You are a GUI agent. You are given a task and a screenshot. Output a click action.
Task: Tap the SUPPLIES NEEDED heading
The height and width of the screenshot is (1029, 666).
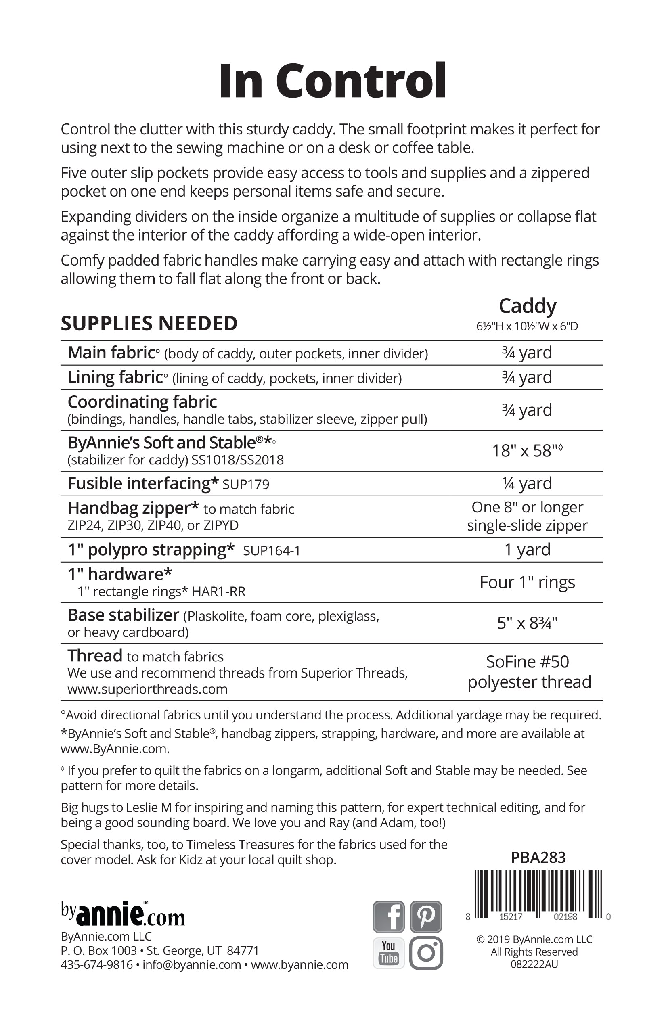click(x=149, y=323)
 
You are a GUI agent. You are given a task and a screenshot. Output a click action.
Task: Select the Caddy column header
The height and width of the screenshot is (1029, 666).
click(x=527, y=306)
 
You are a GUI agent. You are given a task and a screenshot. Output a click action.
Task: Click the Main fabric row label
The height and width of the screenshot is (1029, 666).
click(x=111, y=353)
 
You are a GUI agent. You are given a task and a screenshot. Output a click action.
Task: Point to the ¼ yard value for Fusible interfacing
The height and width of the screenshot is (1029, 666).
click(x=527, y=483)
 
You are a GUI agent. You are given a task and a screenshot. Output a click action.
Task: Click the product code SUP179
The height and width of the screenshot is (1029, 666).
click(x=246, y=484)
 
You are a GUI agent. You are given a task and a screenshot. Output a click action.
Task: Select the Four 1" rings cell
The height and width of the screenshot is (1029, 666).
click(x=527, y=582)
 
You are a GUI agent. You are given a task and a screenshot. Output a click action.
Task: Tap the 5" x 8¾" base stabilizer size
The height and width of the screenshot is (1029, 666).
click(x=527, y=623)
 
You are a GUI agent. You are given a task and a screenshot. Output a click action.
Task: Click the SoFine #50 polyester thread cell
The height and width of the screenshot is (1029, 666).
click(x=528, y=671)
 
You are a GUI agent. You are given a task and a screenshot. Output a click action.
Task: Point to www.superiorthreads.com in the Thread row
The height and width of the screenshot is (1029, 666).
click(x=147, y=689)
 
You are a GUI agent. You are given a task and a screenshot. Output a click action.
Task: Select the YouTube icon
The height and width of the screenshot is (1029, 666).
click(x=388, y=953)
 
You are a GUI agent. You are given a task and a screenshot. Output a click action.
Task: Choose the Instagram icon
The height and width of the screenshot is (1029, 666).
click(x=426, y=953)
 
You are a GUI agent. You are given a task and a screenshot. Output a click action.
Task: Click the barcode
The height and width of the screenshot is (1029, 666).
click(x=538, y=895)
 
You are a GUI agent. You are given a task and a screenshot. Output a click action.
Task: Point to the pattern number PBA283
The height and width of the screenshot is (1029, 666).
click(x=538, y=857)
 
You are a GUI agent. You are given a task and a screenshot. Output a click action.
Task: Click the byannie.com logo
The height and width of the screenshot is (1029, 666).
click(x=123, y=914)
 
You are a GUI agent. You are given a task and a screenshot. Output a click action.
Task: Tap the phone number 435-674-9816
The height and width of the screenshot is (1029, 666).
click(x=96, y=964)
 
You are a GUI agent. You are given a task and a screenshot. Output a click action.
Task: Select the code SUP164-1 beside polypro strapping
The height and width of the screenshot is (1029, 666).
click(x=272, y=551)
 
